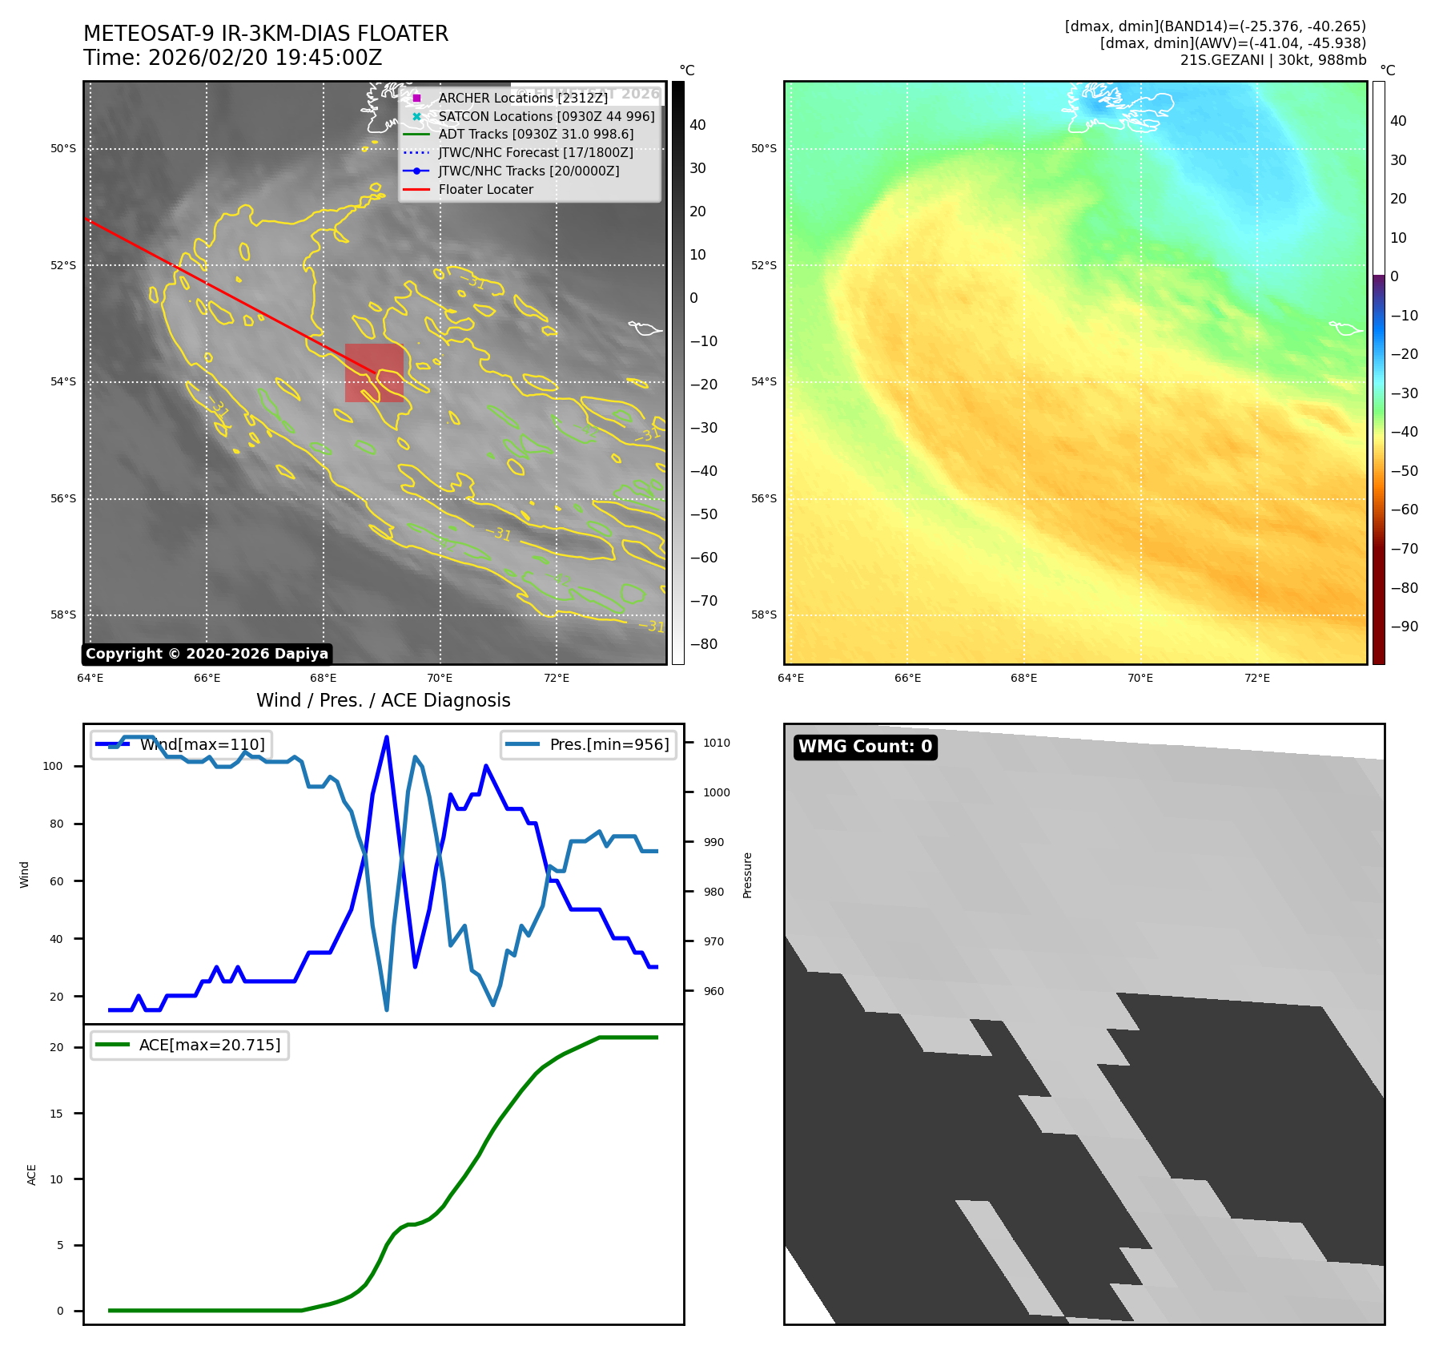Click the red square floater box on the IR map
coord(374,373)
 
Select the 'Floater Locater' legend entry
coord(485,190)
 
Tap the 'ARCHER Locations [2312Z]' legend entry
coord(522,98)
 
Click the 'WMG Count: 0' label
coord(865,747)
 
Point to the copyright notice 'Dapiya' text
coord(207,654)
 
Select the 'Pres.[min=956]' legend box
coord(589,744)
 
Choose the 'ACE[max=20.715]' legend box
coord(190,1045)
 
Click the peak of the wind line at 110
coord(387,737)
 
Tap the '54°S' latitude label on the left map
coord(63,382)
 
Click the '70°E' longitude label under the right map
coord(1140,679)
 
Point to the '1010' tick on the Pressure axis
coord(716,743)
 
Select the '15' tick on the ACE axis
coord(56,1114)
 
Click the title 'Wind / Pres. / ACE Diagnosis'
coord(383,700)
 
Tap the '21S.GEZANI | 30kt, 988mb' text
coord(1272,60)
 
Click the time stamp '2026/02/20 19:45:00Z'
coord(265,58)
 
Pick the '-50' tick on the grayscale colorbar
coord(703,514)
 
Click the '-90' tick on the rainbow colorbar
coord(1404,627)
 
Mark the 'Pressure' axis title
coord(747,875)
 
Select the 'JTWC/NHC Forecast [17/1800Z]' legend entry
coord(535,153)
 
